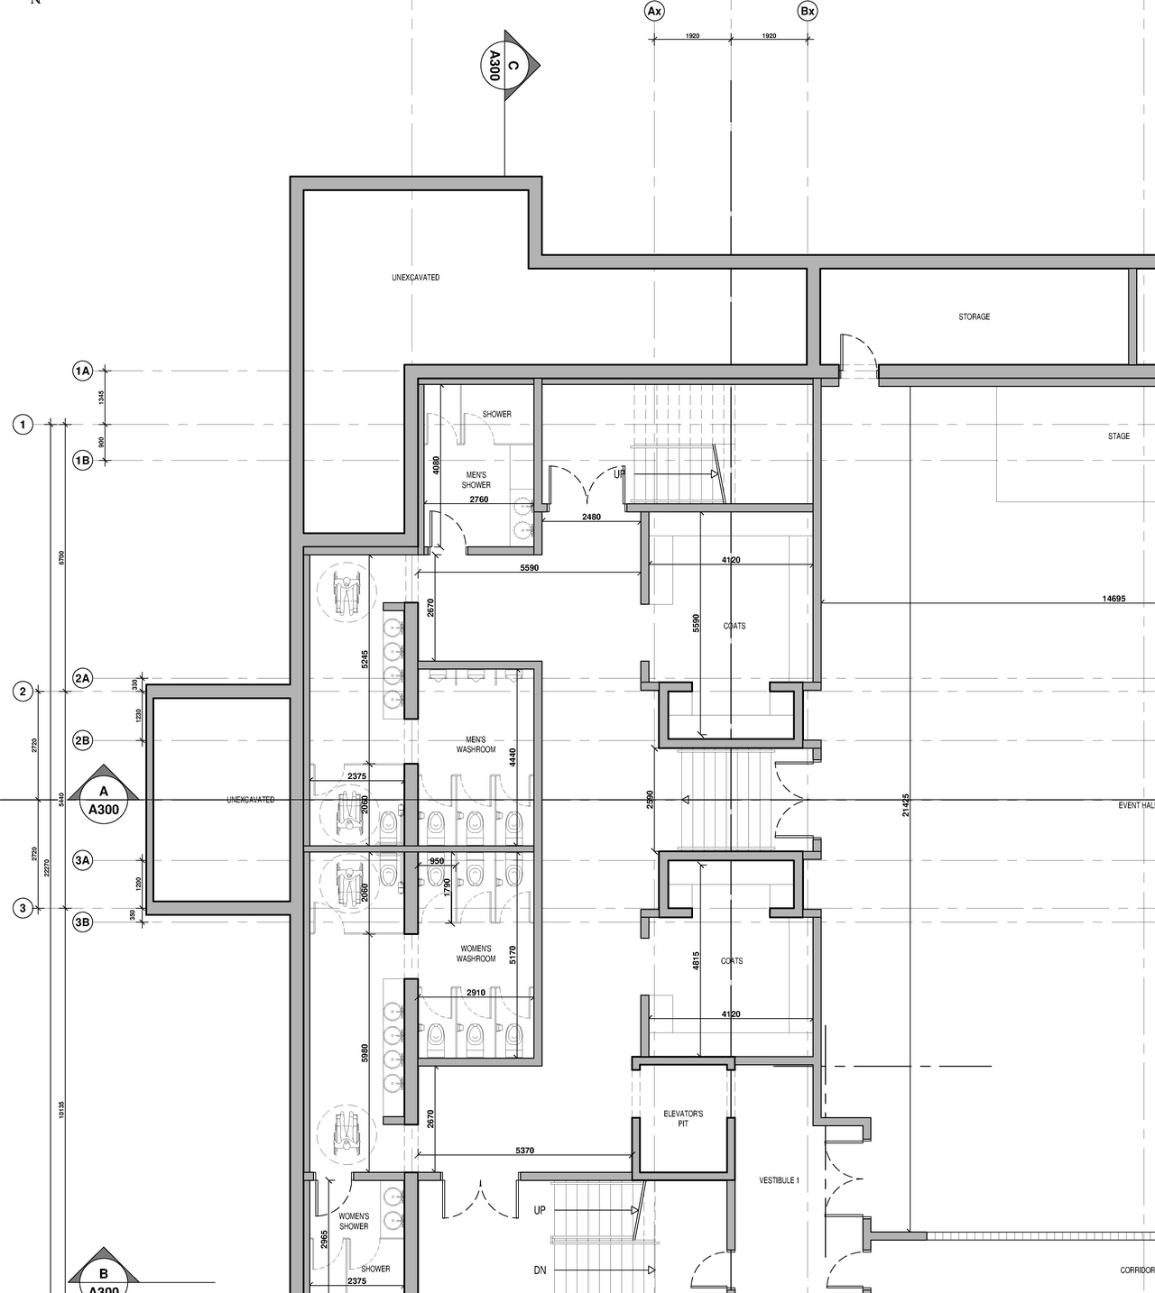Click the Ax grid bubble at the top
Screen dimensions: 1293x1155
click(654, 11)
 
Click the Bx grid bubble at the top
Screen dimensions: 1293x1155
click(808, 11)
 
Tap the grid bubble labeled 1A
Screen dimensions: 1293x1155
click(82, 371)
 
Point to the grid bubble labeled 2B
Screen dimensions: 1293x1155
click(82, 741)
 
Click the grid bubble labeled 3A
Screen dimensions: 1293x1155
click(82, 860)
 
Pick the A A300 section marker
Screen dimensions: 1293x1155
click(104, 800)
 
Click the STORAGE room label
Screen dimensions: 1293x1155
click(974, 316)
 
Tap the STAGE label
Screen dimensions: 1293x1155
click(1118, 436)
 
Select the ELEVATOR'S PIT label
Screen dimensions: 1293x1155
click(683, 1118)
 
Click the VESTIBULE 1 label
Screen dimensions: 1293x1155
click(779, 1180)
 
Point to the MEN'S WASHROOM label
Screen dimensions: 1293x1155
click(476, 745)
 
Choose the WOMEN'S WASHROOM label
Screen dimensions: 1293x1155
click(476, 953)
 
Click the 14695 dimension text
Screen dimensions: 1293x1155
click(1113, 598)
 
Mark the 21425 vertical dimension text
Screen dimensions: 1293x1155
click(906, 805)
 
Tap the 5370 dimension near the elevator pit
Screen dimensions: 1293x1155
click(524, 1151)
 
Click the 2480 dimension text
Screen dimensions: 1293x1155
click(591, 517)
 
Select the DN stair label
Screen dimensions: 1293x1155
click(540, 1270)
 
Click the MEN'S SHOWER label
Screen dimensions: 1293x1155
click(476, 480)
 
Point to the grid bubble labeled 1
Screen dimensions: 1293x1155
click(23, 424)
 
